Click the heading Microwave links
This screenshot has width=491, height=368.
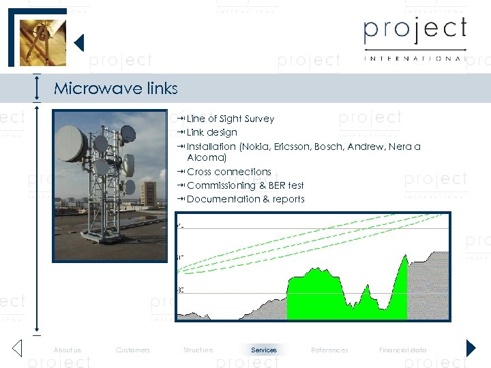coord(115,89)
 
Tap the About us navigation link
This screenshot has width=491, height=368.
coord(68,350)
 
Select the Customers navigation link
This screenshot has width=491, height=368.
coord(133,350)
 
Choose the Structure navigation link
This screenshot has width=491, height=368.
coord(198,350)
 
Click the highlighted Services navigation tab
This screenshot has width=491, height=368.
coord(264,350)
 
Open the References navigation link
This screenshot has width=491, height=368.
coord(329,350)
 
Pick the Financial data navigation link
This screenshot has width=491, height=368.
coord(402,350)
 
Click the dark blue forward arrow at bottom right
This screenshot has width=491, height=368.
coord(471,348)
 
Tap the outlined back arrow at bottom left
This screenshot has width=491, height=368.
coord(18,348)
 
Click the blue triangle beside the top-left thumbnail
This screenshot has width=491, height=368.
coord(78,43)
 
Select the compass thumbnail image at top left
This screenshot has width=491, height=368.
coord(42,41)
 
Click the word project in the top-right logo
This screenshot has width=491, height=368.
coord(415,31)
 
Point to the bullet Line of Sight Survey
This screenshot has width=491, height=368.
coord(230,119)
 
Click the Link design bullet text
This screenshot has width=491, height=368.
coord(211,133)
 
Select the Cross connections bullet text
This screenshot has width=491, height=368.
coord(228,172)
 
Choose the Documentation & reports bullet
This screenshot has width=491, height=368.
coord(245,199)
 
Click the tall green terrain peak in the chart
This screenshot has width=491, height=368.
coord(404,273)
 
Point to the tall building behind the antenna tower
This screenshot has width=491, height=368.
coord(148,192)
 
